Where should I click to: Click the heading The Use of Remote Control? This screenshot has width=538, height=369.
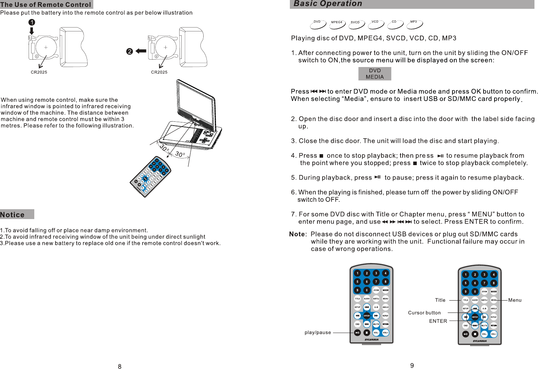(46, 5)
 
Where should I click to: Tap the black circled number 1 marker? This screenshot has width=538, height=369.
(32, 22)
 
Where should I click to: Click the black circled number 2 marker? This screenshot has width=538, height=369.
(129, 52)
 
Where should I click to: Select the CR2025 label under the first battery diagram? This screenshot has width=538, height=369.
(39, 72)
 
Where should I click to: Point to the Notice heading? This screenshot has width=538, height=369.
(13, 215)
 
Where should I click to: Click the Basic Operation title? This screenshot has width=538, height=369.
(328, 4)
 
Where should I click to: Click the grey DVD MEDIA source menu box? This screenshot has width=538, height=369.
(375, 74)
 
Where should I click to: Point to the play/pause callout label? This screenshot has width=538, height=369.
(318, 333)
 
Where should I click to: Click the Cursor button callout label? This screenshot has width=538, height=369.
(424, 313)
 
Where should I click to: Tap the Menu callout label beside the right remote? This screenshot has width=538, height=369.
(515, 300)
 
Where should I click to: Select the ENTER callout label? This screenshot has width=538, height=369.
(438, 321)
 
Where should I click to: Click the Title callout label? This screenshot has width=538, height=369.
(440, 300)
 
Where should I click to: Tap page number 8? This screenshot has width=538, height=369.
(119, 367)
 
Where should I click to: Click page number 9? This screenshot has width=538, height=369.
(412, 365)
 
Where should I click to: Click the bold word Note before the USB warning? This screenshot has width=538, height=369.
(297, 234)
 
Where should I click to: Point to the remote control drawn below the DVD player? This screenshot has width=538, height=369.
(151, 176)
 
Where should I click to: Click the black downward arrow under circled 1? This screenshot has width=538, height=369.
(31, 31)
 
